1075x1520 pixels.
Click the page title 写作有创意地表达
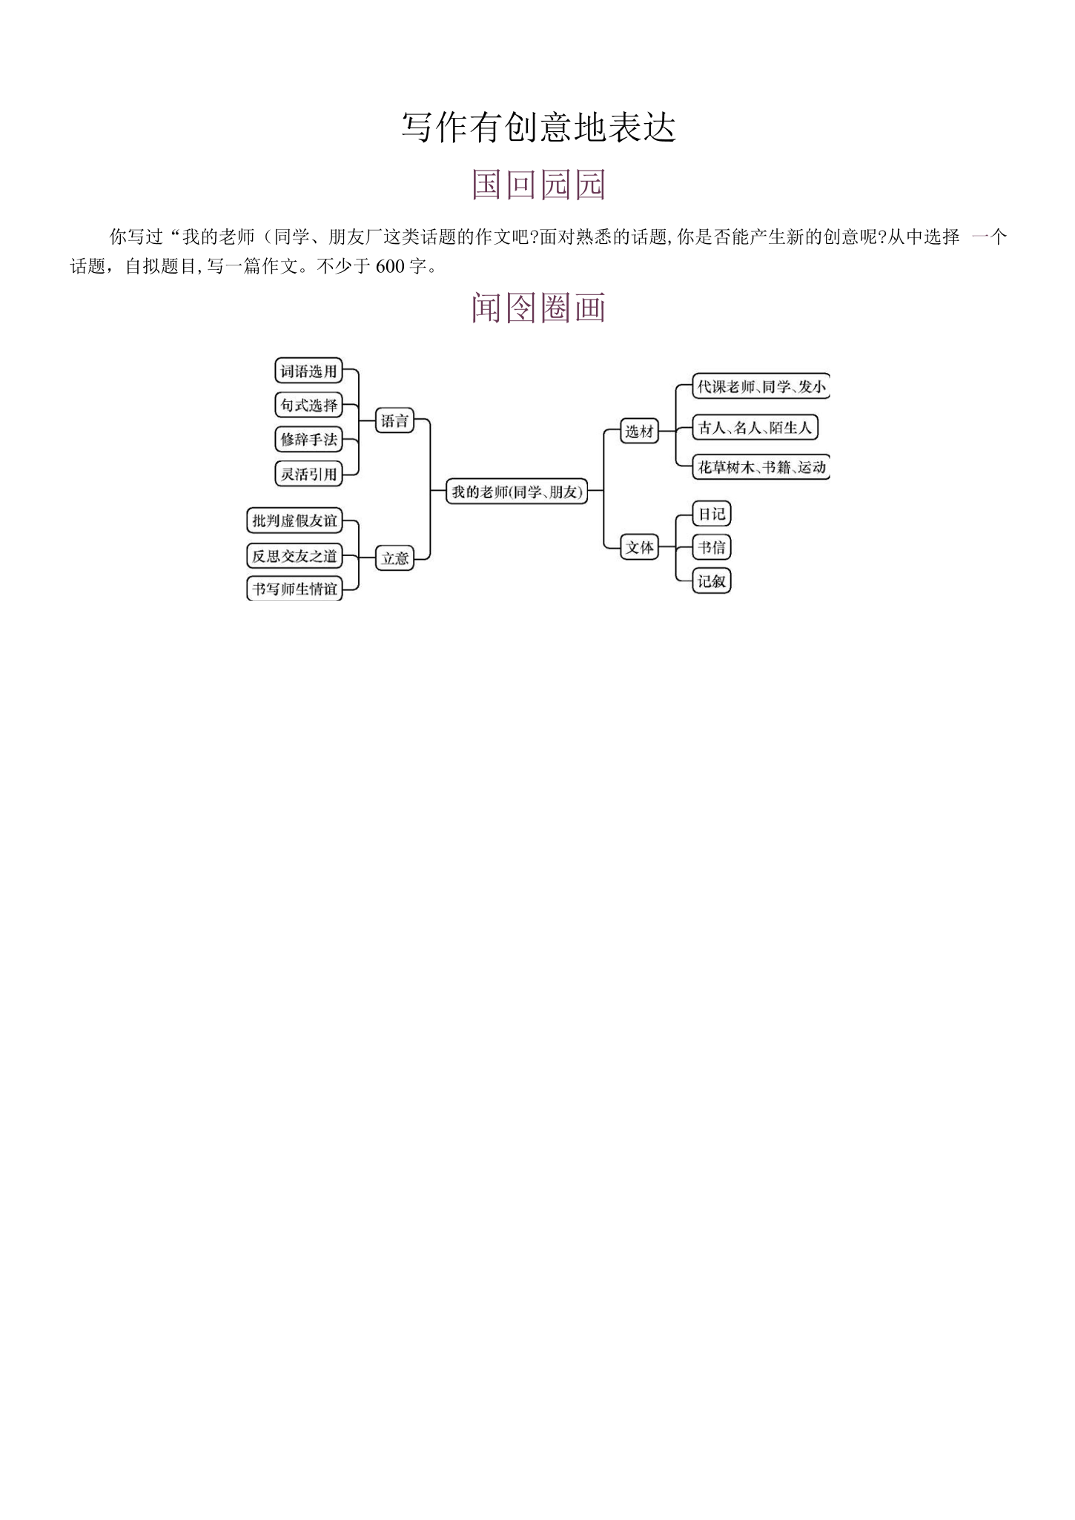point(539,127)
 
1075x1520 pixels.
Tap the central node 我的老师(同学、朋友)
point(517,491)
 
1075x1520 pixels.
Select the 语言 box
point(394,421)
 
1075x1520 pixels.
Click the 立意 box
point(394,558)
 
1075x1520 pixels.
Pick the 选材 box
point(639,431)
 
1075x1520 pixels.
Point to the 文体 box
point(639,547)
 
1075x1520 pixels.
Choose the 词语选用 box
point(308,371)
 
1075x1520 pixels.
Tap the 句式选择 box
point(308,405)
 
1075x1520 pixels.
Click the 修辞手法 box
point(308,439)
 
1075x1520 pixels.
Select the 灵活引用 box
point(308,473)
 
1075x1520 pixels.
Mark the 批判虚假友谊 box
point(294,521)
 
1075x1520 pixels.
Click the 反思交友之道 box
point(294,555)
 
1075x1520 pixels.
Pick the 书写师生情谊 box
point(294,589)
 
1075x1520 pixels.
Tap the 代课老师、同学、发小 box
point(761,386)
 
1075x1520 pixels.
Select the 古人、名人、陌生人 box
point(755,427)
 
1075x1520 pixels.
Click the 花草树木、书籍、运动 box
point(761,467)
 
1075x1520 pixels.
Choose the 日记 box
point(712,513)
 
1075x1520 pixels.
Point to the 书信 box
point(712,547)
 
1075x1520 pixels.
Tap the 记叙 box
point(712,581)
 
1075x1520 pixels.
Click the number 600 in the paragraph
point(390,266)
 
